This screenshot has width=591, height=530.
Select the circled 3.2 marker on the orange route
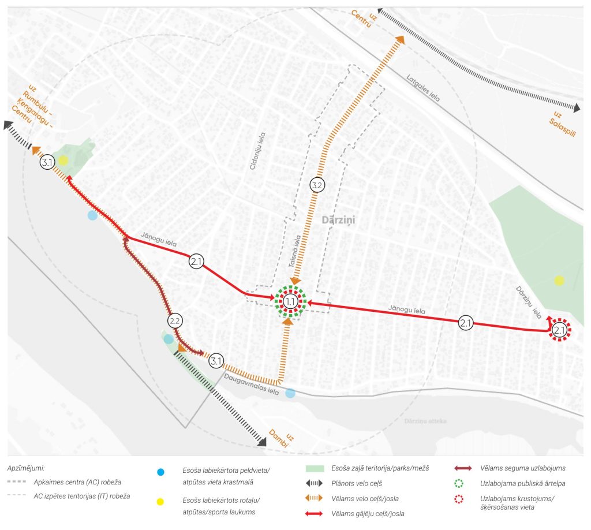pyautogui.click(x=317, y=185)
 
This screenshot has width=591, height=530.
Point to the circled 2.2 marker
pyautogui.click(x=175, y=320)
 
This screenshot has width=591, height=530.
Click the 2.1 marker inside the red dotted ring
pyautogui.click(x=559, y=330)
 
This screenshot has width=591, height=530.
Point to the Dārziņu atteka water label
pyautogui.click(x=425, y=421)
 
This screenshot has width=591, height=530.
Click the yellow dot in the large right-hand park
pyautogui.click(x=559, y=281)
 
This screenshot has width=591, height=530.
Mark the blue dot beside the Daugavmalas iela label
pyautogui.click(x=290, y=393)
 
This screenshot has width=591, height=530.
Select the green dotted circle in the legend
pyautogui.click(x=459, y=483)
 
